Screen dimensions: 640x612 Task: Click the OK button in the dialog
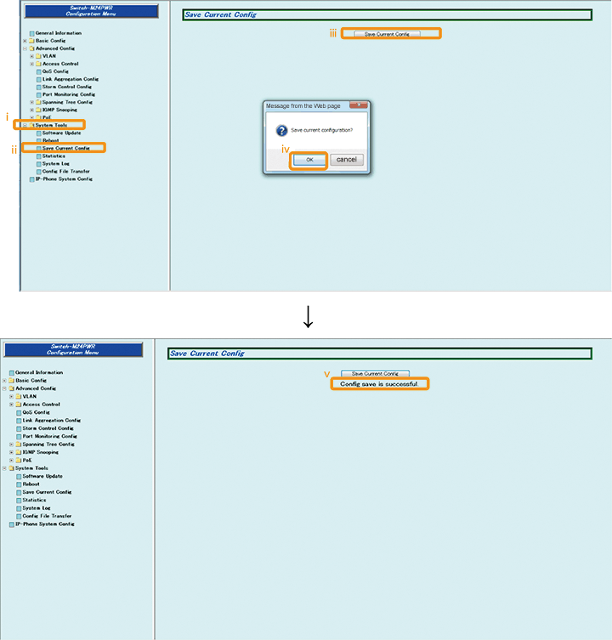click(x=309, y=159)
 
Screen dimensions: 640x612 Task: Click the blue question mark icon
click(x=280, y=130)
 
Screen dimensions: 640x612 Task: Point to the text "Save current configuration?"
click(x=322, y=130)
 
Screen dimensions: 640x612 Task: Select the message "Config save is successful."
click(x=379, y=384)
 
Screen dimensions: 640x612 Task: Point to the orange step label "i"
click(x=8, y=116)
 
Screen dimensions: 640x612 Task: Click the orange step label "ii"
click(x=14, y=149)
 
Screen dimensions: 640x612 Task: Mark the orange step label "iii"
click(x=334, y=33)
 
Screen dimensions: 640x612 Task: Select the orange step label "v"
click(x=327, y=373)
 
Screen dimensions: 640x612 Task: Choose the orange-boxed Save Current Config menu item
click(x=65, y=148)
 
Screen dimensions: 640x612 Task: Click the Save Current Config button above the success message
click(x=375, y=373)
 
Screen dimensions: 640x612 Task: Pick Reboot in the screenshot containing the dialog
click(x=50, y=140)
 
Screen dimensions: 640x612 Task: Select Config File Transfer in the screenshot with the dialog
click(x=65, y=172)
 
